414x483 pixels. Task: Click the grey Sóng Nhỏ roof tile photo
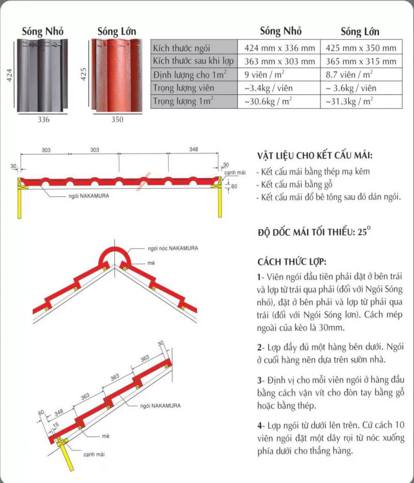point(43,76)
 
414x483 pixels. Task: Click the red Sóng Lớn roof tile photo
point(117,76)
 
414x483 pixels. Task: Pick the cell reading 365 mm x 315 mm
point(361,61)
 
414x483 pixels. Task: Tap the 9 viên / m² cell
point(265,75)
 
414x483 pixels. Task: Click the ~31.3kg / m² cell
point(350,101)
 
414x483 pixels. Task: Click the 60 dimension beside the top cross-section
point(234,186)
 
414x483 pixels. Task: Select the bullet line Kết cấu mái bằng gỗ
point(293,184)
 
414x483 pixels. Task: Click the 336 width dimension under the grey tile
point(43,120)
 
